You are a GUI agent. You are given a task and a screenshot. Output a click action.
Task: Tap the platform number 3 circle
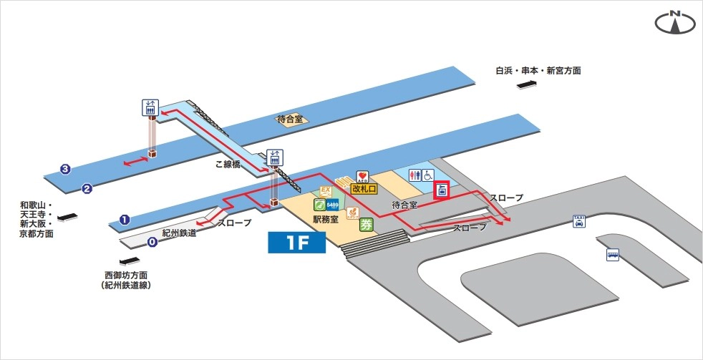point(65,170)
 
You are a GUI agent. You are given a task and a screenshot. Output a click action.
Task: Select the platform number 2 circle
point(87,189)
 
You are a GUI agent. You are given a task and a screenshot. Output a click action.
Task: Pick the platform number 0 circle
point(152,242)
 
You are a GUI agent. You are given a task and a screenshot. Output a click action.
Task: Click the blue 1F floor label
point(296,242)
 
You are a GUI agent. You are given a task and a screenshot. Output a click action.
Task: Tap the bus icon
point(613,254)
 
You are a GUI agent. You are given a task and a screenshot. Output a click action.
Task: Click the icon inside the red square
point(442,190)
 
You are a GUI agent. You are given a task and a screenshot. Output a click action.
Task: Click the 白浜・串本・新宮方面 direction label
point(538,71)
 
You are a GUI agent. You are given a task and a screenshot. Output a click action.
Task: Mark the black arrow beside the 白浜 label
point(529,85)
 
